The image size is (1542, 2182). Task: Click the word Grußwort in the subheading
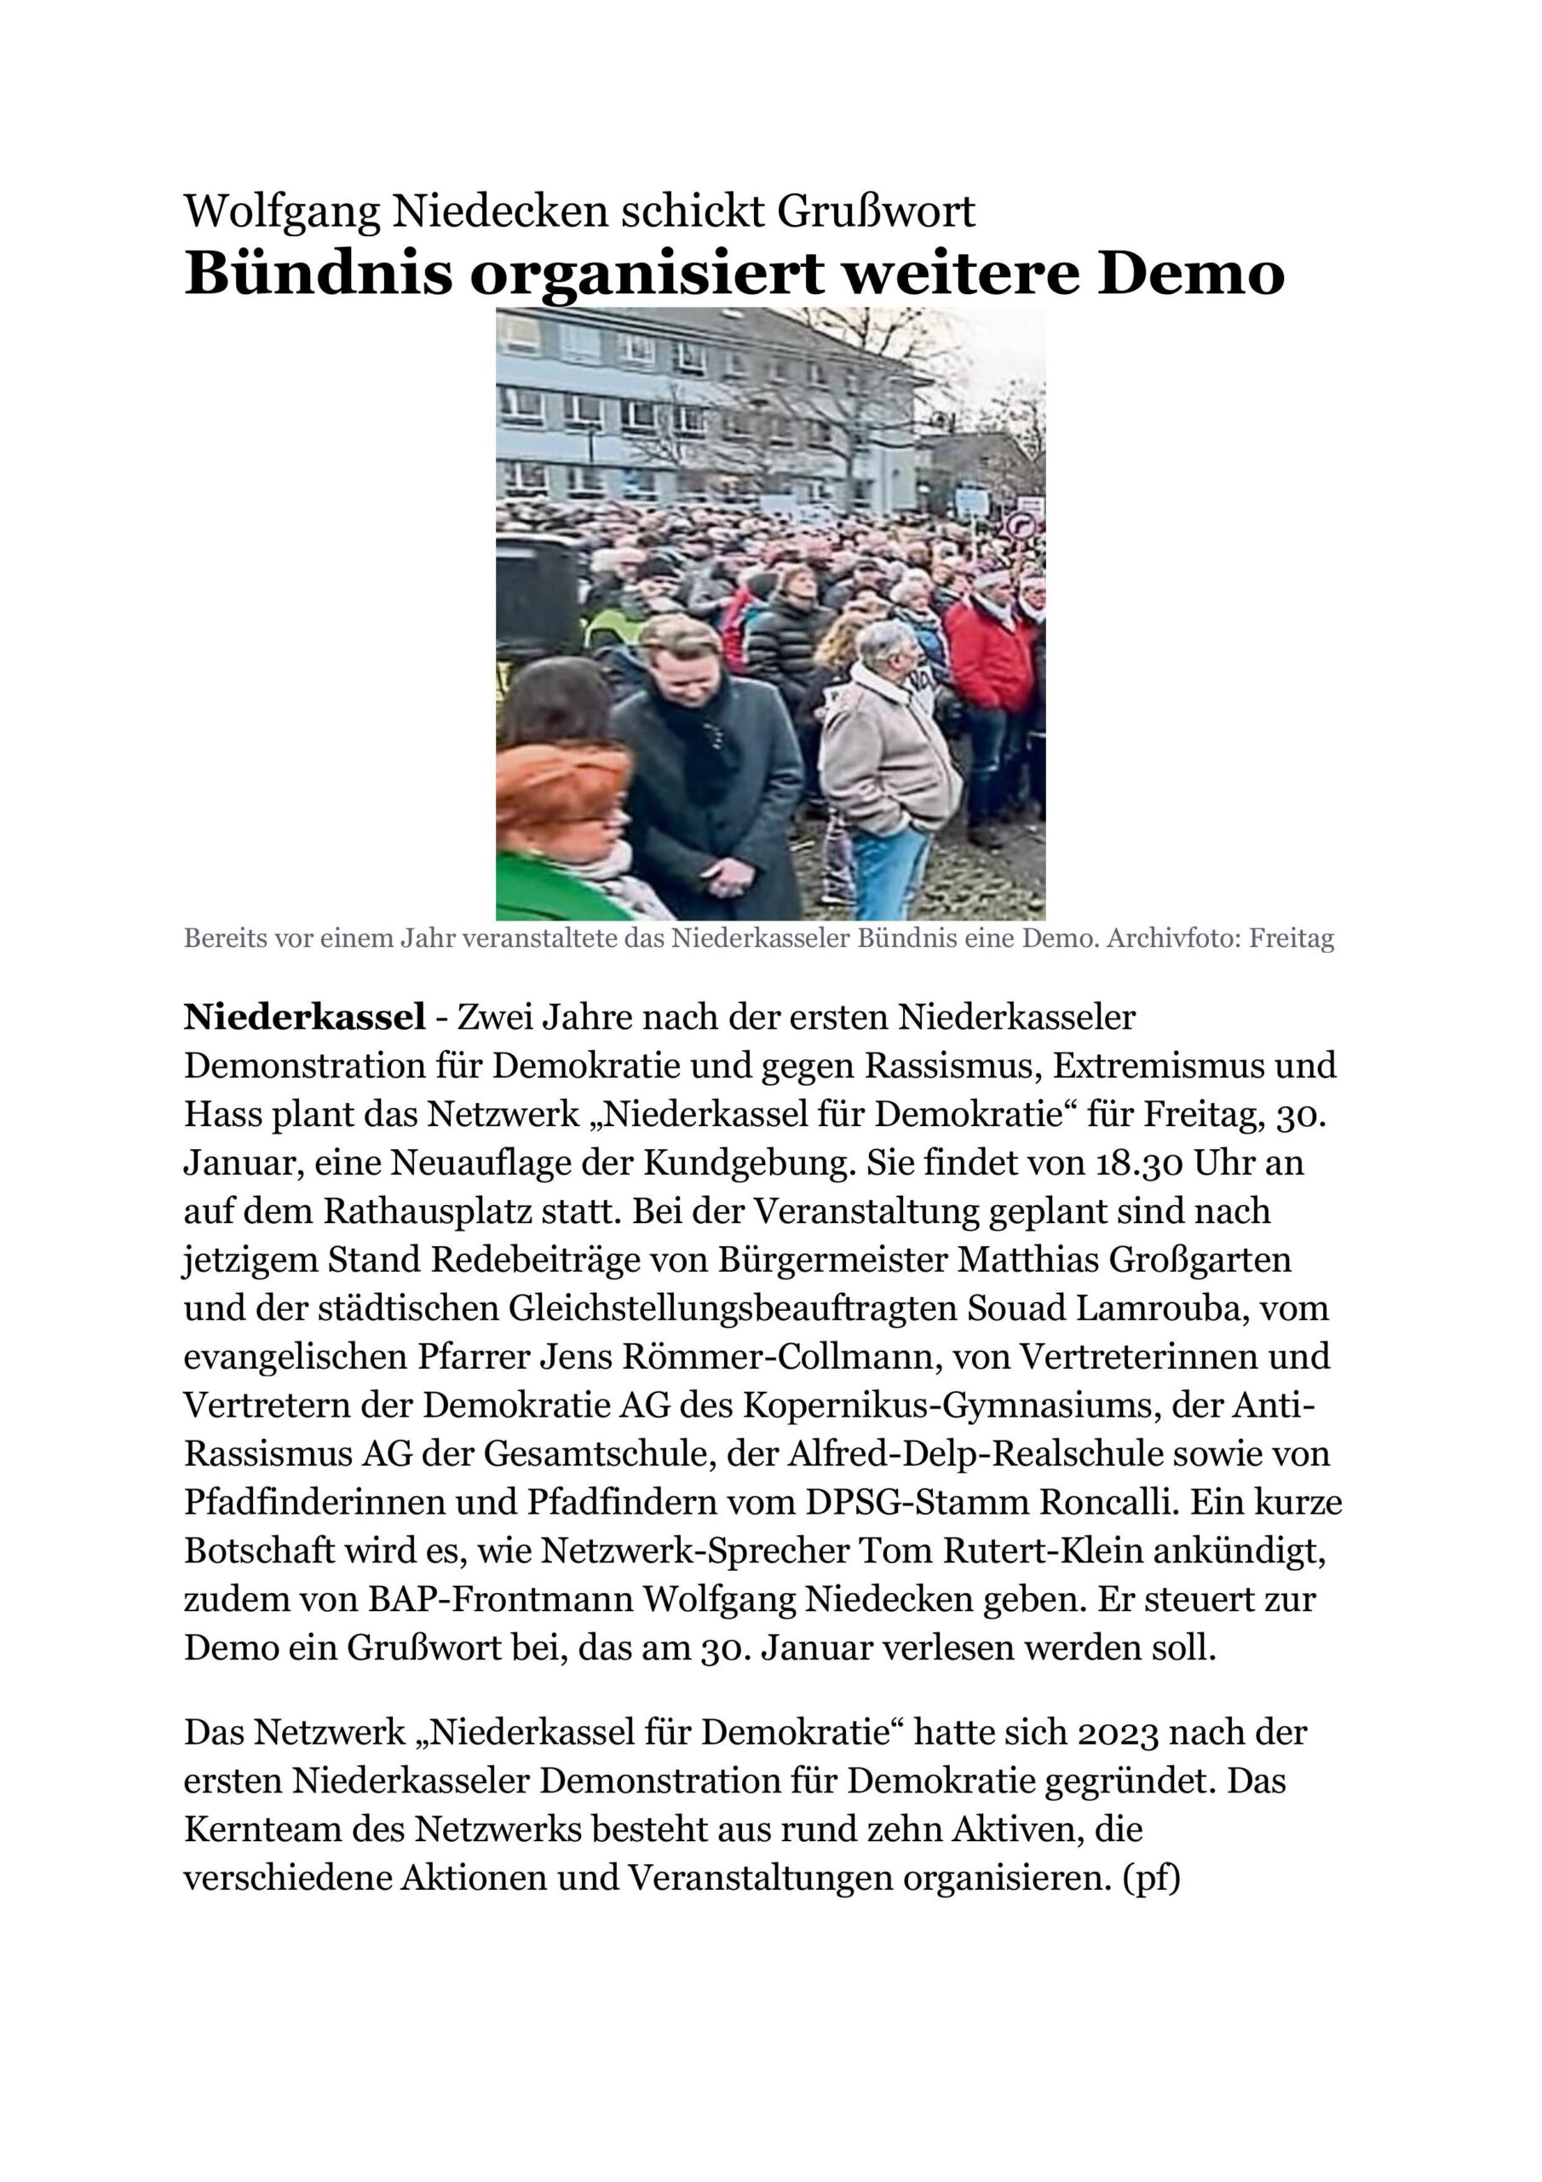point(877,212)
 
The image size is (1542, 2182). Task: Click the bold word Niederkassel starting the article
point(304,1018)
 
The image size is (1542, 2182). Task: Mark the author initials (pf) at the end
point(1152,1879)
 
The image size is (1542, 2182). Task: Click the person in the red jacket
point(990,655)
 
